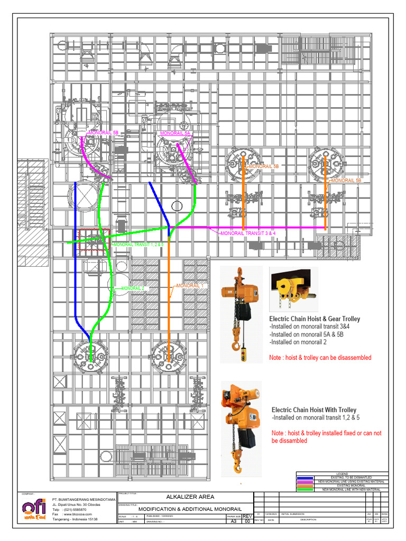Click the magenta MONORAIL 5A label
[x=175, y=134]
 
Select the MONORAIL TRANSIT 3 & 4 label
[x=248, y=233]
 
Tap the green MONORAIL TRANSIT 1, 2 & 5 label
[x=139, y=245]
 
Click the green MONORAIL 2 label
[x=132, y=288]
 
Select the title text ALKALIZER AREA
[x=187, y=497]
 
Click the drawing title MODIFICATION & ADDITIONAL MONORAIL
[x=186, y=508]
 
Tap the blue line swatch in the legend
[x=306, y=477]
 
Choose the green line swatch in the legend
[x=306, y=490]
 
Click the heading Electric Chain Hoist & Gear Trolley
[x=315, y=319]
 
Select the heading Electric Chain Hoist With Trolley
[x=314, y=410]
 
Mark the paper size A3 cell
[x=233, y=521]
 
